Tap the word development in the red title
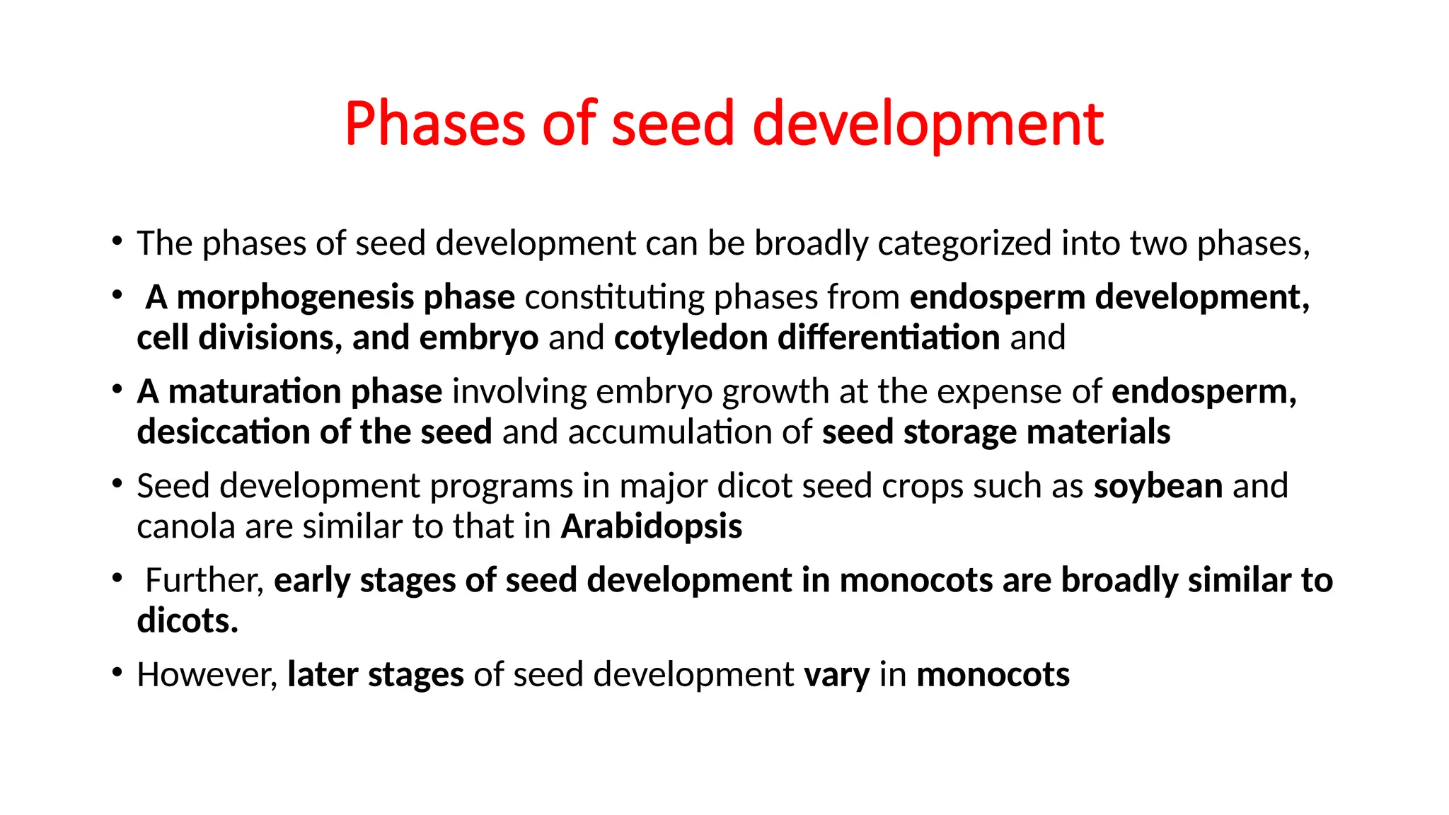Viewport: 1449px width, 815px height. (x=928, y=124)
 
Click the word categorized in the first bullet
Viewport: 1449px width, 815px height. (x=964, y=244)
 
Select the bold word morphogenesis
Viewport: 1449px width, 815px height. (x=294, y=298)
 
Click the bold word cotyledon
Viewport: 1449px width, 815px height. (x=691, y=338)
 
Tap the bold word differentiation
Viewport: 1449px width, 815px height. (x=889, y=338)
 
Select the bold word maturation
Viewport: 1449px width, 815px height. (x=255, y=392)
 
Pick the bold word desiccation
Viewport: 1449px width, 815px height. (x=222, y=432)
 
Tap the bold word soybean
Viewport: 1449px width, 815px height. (x=1158, y=487)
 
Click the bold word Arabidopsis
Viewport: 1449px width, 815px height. (x=652, y=527)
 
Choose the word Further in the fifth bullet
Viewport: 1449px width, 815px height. (x=204, y=581)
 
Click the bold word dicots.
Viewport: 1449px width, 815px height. (x=187, y=621)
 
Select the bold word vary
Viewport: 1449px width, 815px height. (x=836, y=675)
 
